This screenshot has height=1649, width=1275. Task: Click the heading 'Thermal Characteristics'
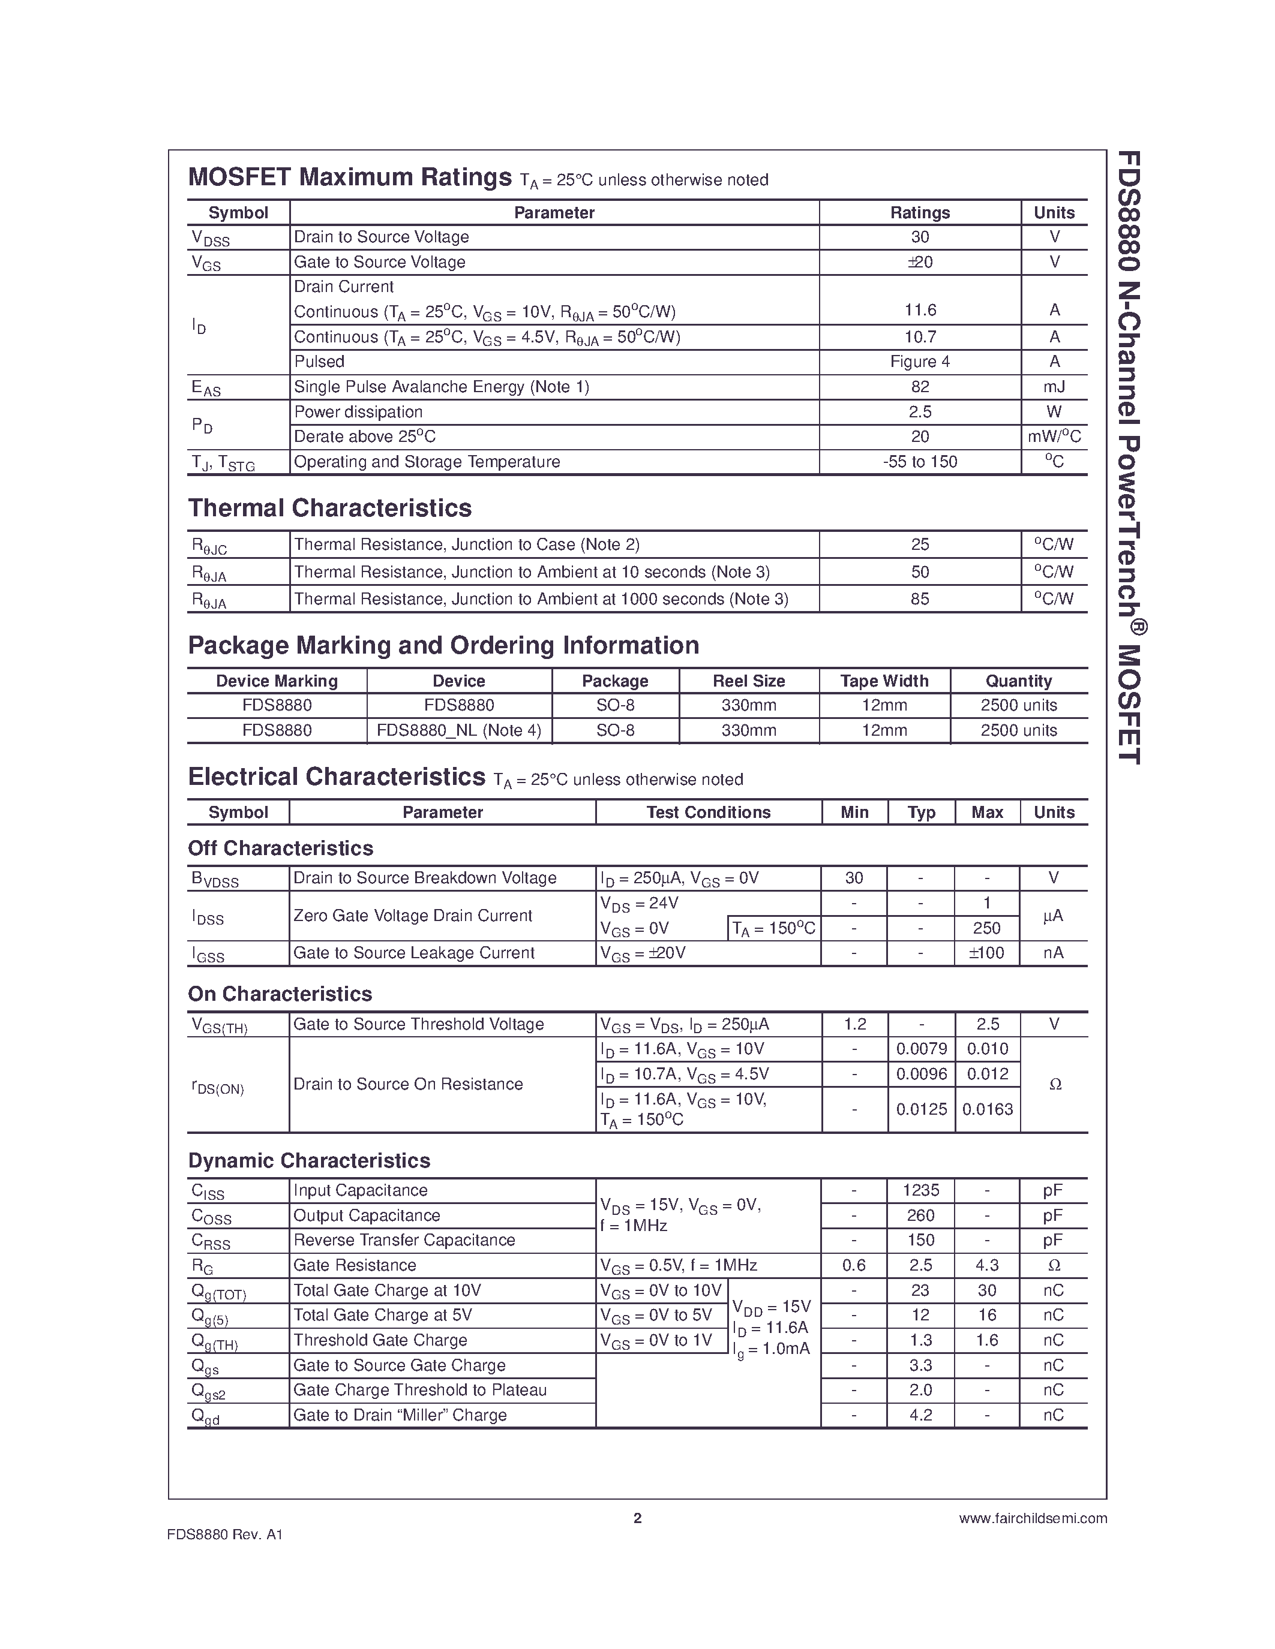(329, 508)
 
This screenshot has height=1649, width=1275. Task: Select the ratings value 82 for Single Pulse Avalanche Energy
(919, 387)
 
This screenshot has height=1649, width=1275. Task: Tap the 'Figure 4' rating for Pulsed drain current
(919, 362)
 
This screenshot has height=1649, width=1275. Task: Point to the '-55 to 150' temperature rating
(919, 461)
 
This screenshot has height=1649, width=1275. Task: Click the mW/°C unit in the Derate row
(1054, 437)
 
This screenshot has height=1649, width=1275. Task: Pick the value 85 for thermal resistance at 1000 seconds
(919, 599)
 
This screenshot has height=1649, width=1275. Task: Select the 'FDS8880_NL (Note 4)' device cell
(458, 730)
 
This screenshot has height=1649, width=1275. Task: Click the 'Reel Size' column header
(749, 681)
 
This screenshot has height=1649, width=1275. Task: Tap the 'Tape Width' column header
(884, 681)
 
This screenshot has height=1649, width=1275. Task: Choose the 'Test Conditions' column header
(708, 813)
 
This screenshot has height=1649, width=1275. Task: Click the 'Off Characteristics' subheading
(280, 848)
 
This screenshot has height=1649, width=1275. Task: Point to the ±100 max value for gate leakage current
(986, 953)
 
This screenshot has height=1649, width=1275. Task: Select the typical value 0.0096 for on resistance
(921, 1074)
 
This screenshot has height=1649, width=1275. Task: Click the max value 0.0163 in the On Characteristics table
(987, 1109)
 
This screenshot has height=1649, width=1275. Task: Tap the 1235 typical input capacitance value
(921, 1191)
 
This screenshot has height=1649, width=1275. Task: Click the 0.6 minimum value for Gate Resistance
(854, 1265)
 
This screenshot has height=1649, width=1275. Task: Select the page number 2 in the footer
(637, 1518)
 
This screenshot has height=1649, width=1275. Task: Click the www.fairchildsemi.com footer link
(1033, 1518)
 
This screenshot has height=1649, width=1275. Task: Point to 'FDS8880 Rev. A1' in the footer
(225, 1534)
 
